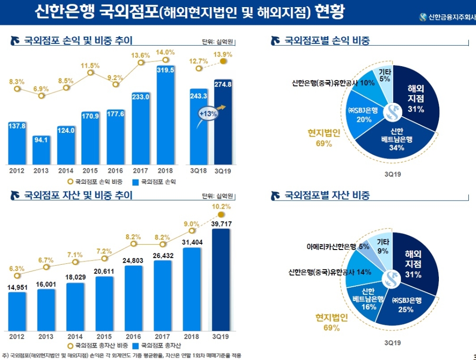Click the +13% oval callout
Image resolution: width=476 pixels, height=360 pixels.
[x=208, y=114]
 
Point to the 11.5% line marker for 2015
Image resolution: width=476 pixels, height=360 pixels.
[x=90, y=73]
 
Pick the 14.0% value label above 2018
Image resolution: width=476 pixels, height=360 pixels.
[x=165, y=52]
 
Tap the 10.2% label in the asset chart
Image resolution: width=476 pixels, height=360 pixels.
[x=221, y=207]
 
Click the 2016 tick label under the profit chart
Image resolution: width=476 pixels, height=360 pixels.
[x=116, y=170]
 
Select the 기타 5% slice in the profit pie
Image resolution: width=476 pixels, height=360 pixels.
[x=386, y=77]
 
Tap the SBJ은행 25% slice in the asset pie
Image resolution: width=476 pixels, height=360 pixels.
[x=407, y=305]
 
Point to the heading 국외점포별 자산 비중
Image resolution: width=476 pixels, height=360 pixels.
[x=327, y=196]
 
